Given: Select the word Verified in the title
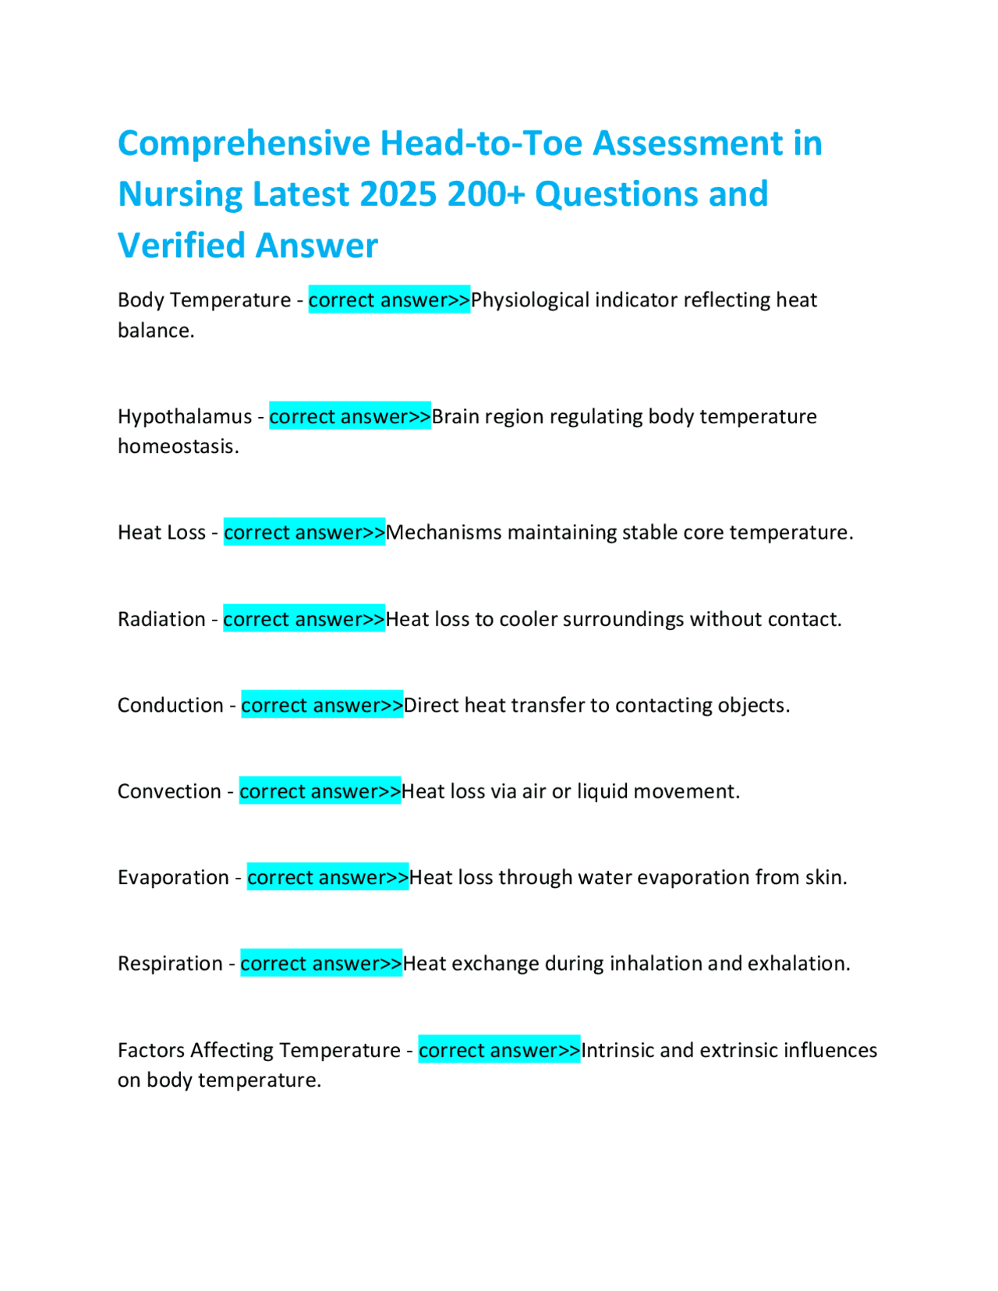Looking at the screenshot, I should (x=181, y=245).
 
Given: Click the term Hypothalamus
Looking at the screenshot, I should (x=185, y=416).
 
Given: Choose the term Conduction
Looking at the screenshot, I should (x=170, y=705).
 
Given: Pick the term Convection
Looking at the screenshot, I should (x=169, y=791).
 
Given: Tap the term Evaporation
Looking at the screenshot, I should (x=173, y=877).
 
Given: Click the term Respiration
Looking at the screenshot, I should (x=170, y=964).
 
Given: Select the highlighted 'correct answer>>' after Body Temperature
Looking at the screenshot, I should (x=389, y=300).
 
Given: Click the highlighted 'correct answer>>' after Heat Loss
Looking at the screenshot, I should (x=304, y=532).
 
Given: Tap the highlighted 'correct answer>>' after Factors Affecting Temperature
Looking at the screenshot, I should (x=499, y=1050).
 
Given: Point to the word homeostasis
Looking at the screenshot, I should (x=178, y=447).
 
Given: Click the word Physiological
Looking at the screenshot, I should (x=529, y=300).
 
